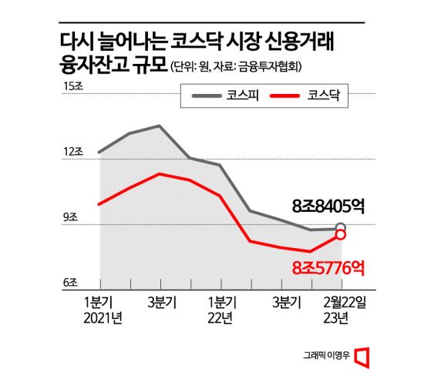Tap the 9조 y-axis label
[70, 218]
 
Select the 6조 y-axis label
[70, 283]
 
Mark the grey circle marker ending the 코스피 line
[340, 228]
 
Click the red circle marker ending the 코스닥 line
[340, 236]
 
